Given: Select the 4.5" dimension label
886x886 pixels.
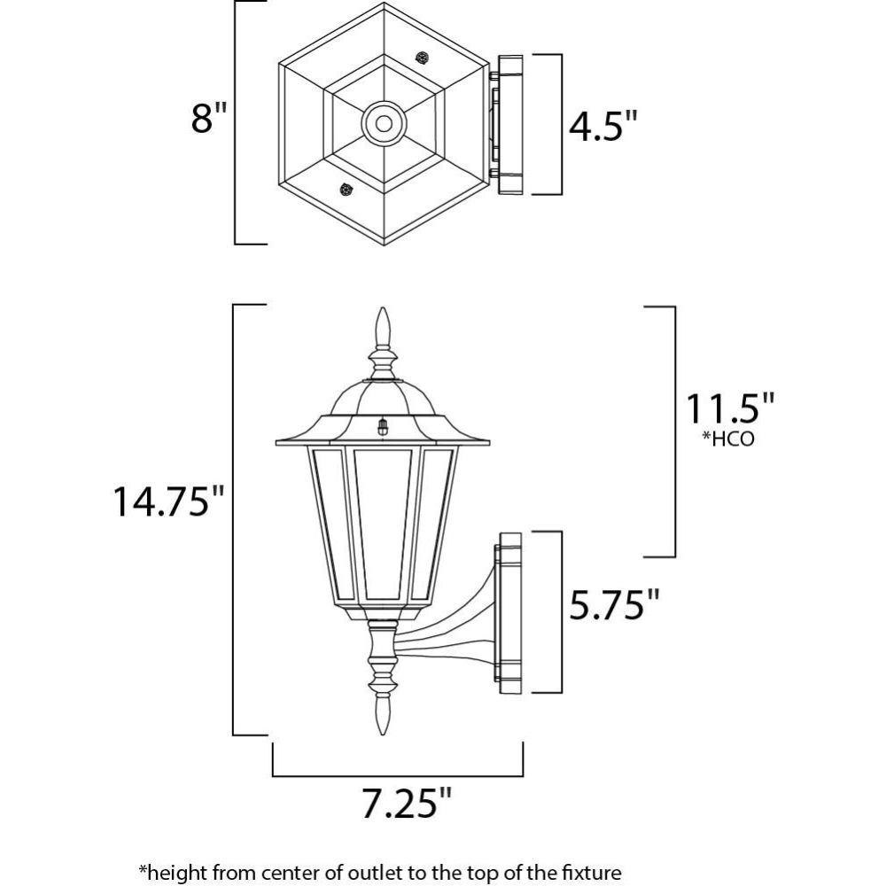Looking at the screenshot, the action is [x=602, y=126].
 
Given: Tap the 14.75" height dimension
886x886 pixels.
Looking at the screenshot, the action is [x=169, y=501].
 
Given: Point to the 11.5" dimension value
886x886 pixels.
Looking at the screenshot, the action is [x=729, y=408].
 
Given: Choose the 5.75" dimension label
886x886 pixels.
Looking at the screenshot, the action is [x=614, y=603].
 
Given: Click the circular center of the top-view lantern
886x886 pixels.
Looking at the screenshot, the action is [x=384, y=122].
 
